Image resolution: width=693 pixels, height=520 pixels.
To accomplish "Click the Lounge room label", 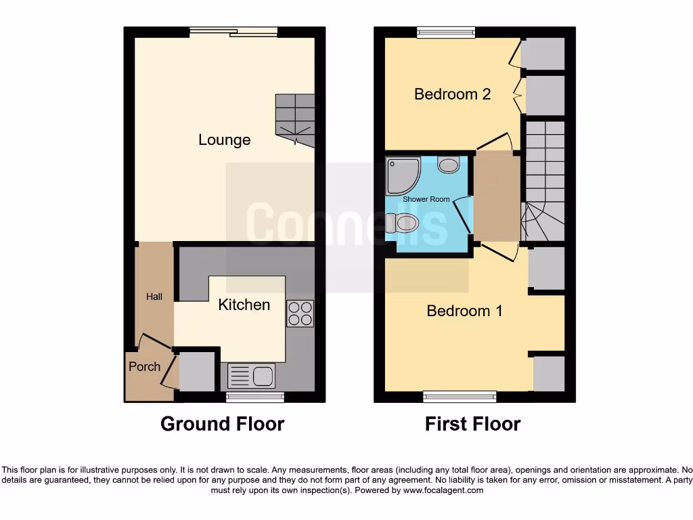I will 224,140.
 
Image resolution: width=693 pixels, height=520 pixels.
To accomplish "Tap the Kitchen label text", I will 244,305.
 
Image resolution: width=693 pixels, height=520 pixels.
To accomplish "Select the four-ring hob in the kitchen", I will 300,313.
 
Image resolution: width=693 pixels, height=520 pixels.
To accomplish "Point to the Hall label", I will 154,297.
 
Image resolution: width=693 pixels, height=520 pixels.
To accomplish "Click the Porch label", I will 144,366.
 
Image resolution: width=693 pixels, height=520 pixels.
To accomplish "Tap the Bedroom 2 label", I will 452,94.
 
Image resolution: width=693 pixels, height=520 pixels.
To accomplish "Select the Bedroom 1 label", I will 464,311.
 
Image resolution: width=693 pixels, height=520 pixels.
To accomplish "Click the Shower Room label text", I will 426,200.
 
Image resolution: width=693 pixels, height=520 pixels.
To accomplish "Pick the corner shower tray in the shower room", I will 401,174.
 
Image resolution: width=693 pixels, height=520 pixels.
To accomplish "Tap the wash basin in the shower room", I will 449,164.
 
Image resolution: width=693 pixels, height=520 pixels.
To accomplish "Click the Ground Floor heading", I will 222,424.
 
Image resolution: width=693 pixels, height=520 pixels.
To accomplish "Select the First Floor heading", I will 472,424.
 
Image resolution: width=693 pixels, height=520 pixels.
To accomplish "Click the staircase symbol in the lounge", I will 295,121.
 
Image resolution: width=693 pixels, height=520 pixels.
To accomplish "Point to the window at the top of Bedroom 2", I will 445,31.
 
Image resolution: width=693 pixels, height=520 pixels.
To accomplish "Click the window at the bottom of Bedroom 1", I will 460,397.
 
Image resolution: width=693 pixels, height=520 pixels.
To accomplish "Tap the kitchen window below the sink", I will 254,397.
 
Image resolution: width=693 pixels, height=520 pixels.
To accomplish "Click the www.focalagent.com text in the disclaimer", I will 443,490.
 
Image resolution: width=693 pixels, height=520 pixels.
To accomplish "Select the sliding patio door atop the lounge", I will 233,31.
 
